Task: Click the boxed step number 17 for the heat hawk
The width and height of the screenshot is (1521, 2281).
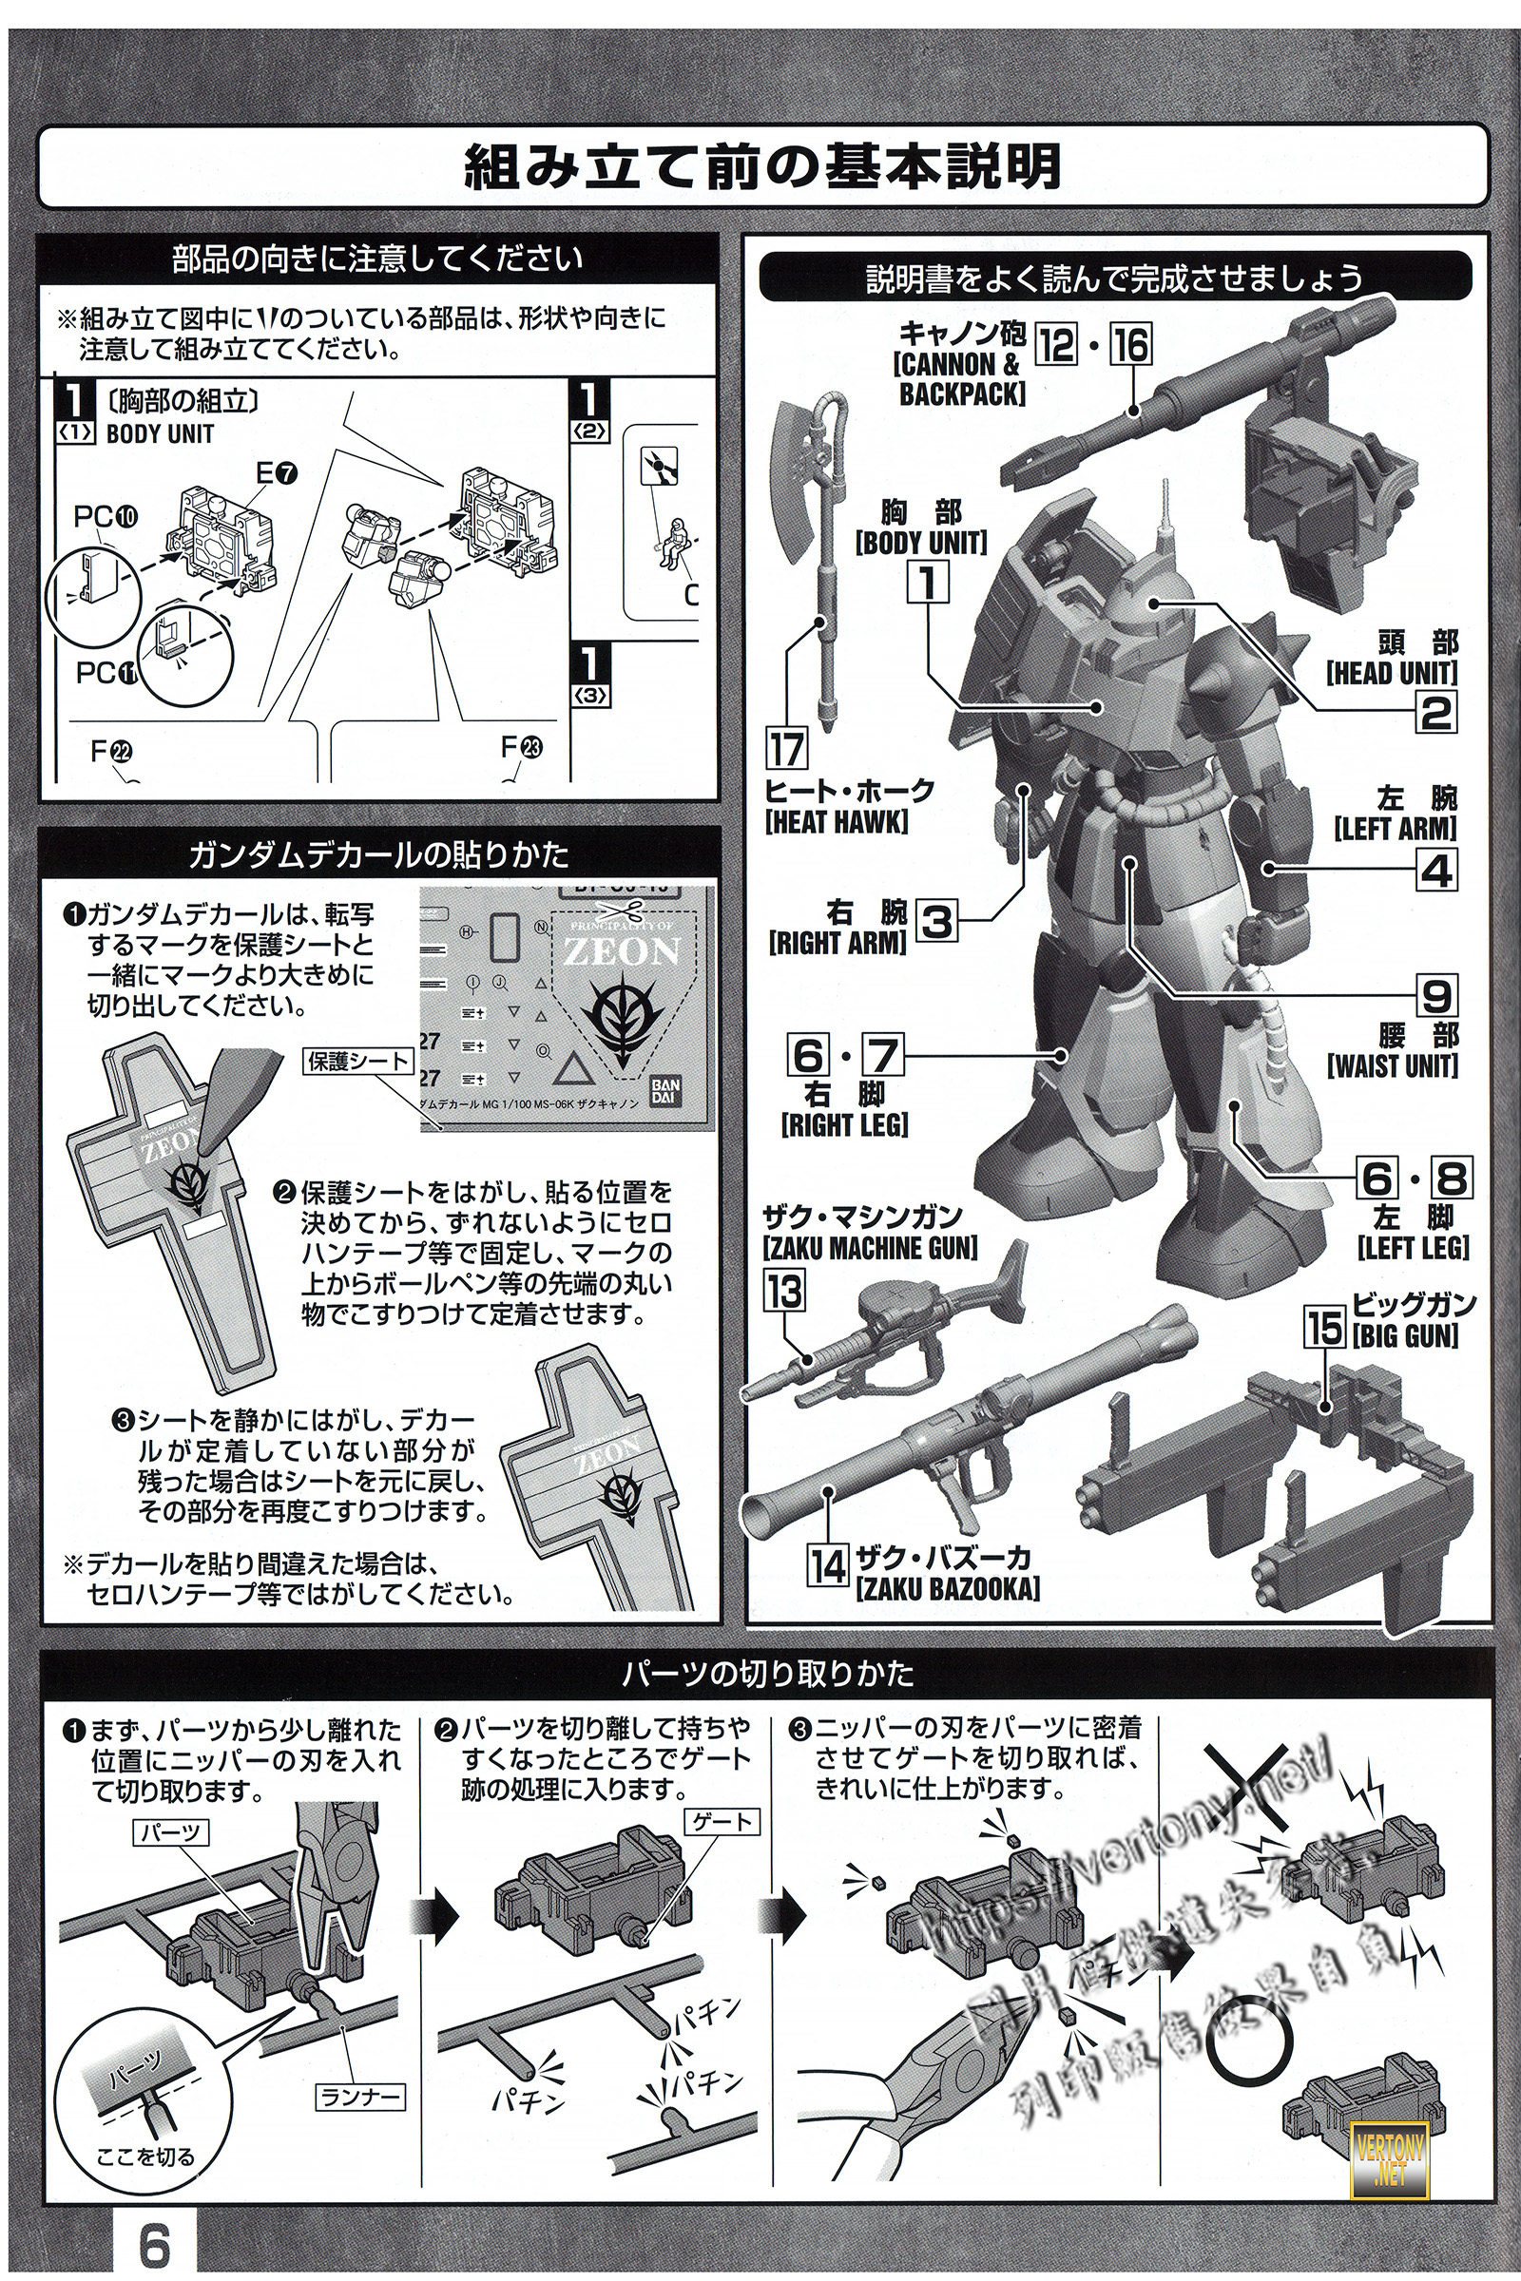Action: pos(786,749)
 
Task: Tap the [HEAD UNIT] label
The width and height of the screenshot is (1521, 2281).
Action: pos(1392,673)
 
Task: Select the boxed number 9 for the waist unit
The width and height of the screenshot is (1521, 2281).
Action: pos(1436,997)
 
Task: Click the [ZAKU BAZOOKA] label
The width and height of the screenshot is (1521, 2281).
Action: pos(947,1588)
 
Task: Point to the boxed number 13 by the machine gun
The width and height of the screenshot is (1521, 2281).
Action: pos(783,1292)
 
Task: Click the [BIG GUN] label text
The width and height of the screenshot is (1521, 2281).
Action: pos(1406,1337)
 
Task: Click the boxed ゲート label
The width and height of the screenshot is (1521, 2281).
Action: pos(721,1822)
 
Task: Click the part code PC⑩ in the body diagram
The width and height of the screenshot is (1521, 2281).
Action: pos(106,517)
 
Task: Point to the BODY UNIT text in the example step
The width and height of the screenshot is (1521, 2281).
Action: pos(160,433)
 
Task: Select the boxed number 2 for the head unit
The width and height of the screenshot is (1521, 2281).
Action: pos(1435,713)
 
